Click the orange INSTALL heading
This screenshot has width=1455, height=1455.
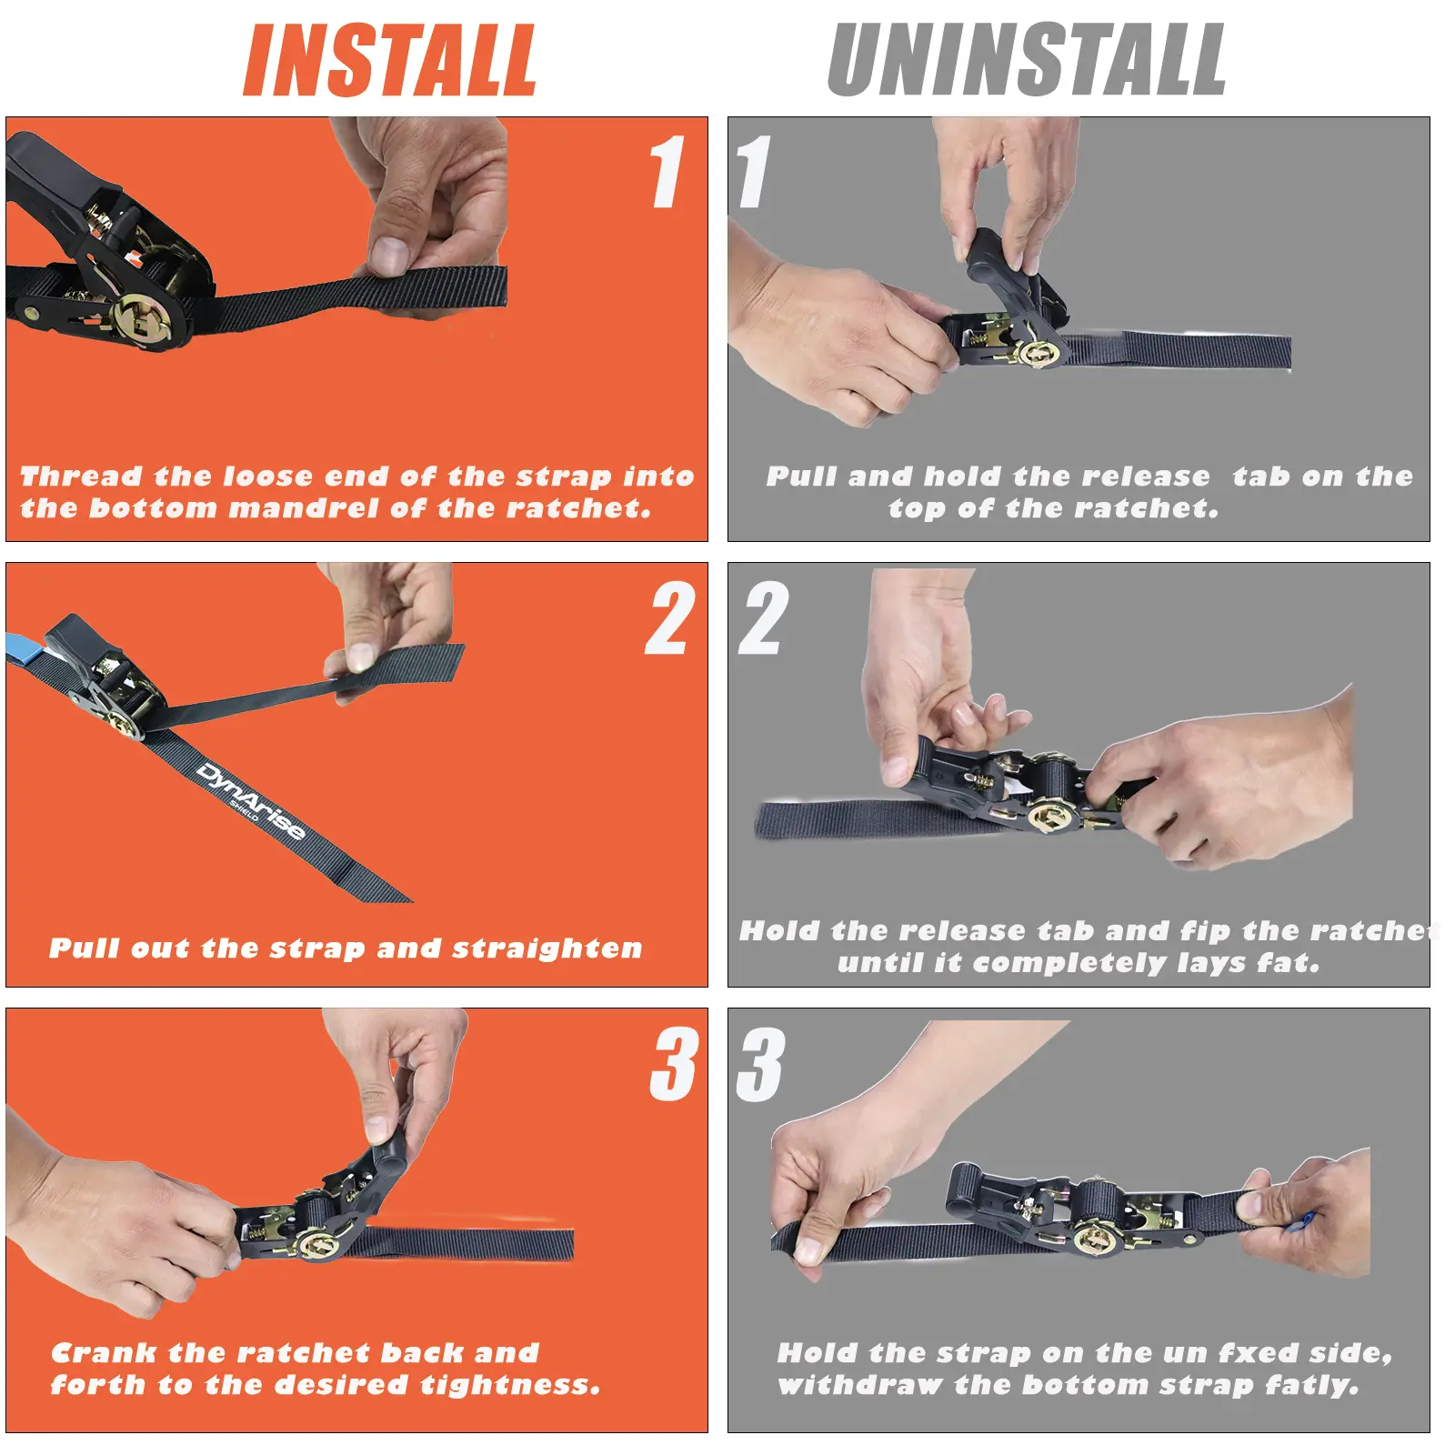(390, 60)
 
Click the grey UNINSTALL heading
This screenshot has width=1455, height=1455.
(1027, 60)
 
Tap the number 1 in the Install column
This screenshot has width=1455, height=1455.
(667, 172)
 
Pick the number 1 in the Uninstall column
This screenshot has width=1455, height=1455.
(753, 172)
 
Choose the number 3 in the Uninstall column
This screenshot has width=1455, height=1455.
(760, 1064)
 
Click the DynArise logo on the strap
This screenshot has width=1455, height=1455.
(249, 801)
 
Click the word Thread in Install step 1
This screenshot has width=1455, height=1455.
(81, 477)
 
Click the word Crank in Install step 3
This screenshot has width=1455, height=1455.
(104, 1353)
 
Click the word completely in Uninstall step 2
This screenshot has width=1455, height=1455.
(1069, 963)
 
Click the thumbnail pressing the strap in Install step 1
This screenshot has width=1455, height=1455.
(390, 256)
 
